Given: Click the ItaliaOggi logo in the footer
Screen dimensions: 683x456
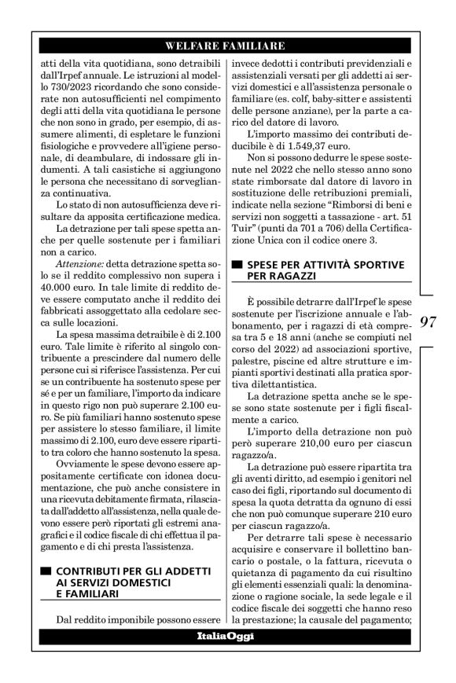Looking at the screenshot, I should (x=225, y=634).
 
